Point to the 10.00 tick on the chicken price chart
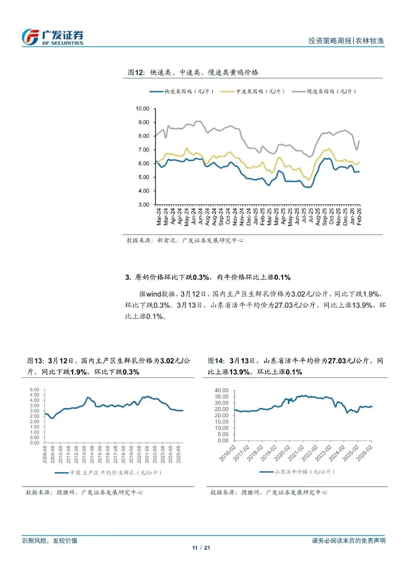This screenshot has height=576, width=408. coord(142,109)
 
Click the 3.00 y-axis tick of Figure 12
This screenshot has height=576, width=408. coord(144,204)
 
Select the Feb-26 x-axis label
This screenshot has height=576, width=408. coord(359,217)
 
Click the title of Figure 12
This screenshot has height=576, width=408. coord(193,72)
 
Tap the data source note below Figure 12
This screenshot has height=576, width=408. coord(185,240)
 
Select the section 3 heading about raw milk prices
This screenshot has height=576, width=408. coord(208,277)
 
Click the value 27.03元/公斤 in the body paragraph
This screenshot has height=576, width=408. coord(295,305)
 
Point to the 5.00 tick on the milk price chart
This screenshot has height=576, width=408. coord(34,390)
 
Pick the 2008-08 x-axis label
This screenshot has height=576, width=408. coord(45,455)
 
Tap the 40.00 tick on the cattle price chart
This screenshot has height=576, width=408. coord(221,390)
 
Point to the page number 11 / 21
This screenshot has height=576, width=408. coord(201,548)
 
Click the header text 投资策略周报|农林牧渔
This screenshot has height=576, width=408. coord(346,41)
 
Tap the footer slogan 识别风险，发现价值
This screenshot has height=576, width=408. coord(49,541)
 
